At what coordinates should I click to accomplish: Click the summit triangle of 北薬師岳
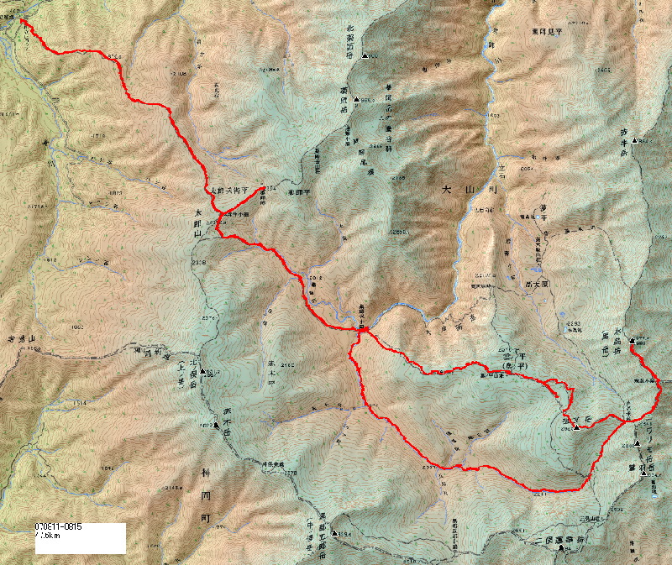[365, 56]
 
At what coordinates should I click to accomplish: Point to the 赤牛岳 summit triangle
[636, 140]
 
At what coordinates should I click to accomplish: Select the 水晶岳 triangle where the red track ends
[632, 340]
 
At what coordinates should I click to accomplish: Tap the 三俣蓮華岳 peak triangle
[566, 548]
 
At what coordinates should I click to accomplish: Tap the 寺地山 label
[23, 337]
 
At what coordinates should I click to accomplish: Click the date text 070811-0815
[58, 527]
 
